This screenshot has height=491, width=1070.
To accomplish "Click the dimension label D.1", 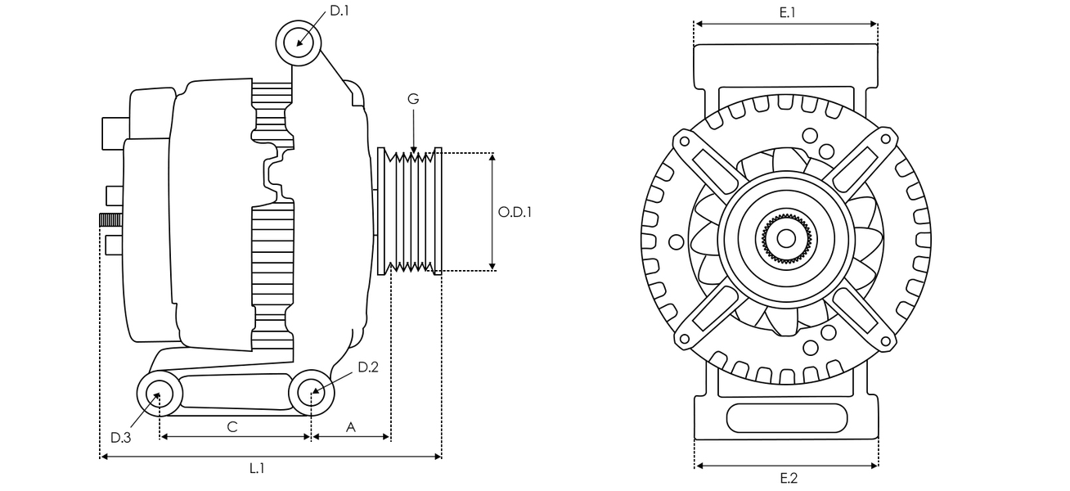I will click(x=339, y=11).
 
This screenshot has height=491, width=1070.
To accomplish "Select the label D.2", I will click(x=368, y=367).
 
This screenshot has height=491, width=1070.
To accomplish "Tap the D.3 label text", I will click(x=120, y=438).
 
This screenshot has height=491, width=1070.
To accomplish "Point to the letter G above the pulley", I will click(x=413, y=99).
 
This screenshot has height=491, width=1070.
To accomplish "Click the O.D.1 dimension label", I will click(x=515, y=212).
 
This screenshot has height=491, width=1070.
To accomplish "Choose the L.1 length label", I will click(x=257, y=469).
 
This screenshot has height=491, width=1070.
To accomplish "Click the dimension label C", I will click(x=232, y=426).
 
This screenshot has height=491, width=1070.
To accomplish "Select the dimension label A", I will click(x=351, y=426).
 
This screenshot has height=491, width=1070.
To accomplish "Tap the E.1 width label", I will click(x=787, y=12).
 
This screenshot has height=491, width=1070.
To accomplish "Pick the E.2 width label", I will click(x=788, y=479).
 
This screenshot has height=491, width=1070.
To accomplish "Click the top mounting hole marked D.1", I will click(x=298, y=43).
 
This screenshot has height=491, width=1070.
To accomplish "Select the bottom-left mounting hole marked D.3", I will click(x=159, y=394).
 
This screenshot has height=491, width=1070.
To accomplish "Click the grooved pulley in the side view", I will click(x=410, y=211).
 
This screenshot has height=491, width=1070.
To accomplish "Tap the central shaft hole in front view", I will click(x=786, y=238).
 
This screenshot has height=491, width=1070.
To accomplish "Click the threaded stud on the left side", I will click(x=110, y=219).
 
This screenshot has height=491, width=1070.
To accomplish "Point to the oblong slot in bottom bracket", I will click(x=786, y=418).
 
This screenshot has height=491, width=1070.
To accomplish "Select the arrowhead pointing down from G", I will click(x=413, y=149).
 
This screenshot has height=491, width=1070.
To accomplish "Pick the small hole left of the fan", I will click(x=676, y=242).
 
